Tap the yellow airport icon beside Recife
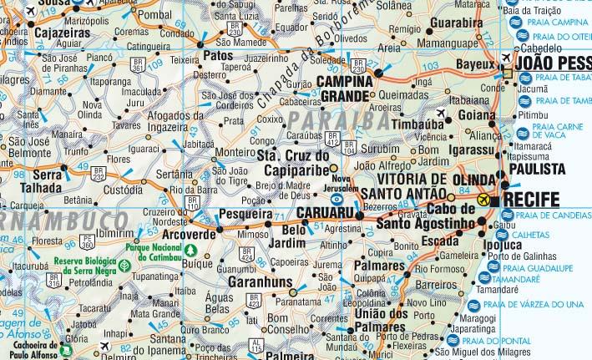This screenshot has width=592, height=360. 486,200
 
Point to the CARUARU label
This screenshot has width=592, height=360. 327,214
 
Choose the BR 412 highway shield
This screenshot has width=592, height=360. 333,138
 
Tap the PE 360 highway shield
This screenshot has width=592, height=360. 88,242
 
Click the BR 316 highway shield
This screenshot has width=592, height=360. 54,281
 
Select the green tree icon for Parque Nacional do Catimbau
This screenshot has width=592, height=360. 191,250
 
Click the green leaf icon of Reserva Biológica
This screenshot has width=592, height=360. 124,266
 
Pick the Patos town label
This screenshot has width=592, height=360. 218,56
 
